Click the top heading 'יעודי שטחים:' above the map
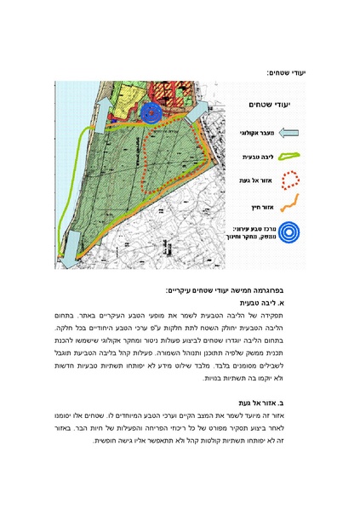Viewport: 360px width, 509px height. point(289,73)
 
